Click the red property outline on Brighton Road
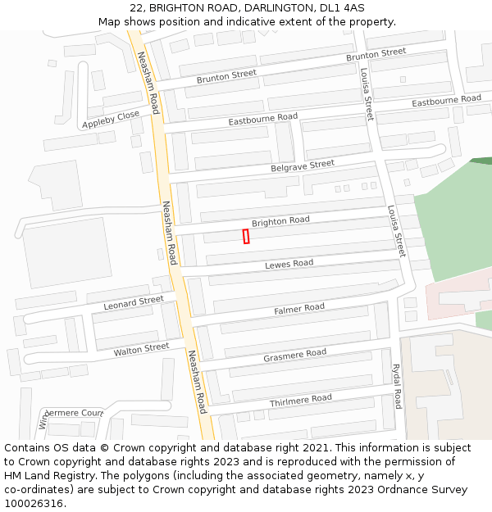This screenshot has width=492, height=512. (x=246, y=236)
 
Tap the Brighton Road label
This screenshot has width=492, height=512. (x=280, y=221)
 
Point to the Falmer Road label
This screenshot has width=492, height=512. (x=299, y=309)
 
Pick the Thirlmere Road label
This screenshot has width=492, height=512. (x=301, y=400)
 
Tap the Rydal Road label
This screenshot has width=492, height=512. (x=397, y=387)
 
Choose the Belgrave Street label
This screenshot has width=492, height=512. (x=303, y=166)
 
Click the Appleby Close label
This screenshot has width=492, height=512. (x=111, y=120)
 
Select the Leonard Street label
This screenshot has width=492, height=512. (x=134, y=303)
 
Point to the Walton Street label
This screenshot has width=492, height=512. (x=141, y=350)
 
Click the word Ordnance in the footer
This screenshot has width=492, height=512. (x=408, y=490)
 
